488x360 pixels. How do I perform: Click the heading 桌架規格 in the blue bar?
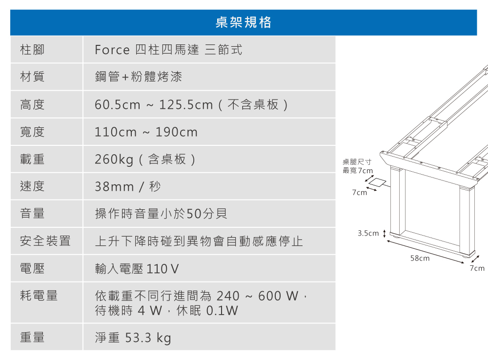[243, 22]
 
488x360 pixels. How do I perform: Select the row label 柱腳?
[32, 49]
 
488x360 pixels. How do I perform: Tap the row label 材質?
[32, 77]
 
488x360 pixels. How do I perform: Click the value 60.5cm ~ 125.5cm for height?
[154, 104]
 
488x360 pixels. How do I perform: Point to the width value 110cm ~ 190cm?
[146, 132]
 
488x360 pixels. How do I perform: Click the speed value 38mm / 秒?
[127, 187]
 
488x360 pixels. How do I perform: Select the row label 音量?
[32, 214]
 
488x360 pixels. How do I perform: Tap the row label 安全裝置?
[45, 241]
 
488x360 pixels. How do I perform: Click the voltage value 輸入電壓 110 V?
[137, 269]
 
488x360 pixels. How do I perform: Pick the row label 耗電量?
[39, 296]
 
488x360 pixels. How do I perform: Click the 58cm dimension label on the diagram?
[420, 258]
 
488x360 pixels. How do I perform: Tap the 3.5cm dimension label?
[368, 233]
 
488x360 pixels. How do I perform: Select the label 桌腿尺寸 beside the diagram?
[357, 162]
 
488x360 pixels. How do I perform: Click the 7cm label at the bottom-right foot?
[477, 268]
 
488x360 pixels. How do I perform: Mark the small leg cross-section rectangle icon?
[377, 182]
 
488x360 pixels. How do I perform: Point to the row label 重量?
[32, 337]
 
